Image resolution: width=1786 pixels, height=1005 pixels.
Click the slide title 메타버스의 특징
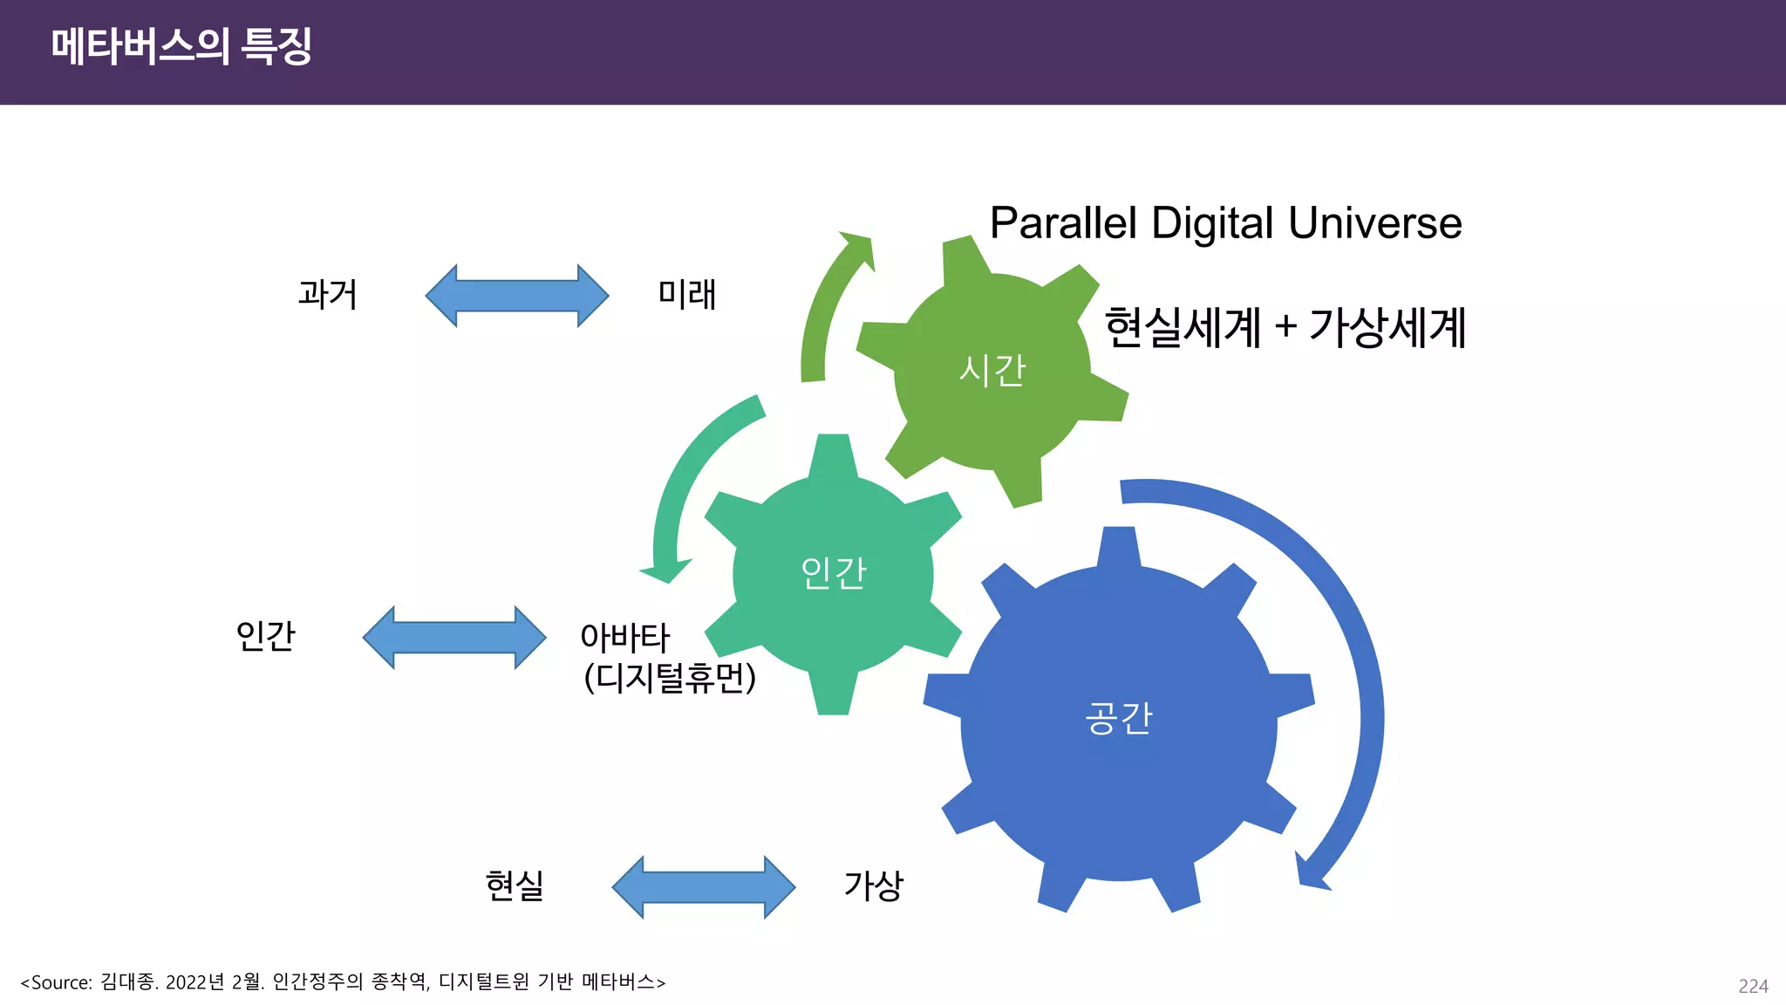coord(181,45)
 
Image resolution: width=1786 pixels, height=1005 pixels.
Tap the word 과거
coord(327,294)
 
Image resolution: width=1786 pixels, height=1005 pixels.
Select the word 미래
coord(686,294)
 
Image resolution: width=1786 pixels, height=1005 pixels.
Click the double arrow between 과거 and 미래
coord(516,296)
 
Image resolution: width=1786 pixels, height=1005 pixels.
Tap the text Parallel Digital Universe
coord(1225,223)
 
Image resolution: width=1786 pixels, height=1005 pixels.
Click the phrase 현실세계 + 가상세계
coord(1285,328)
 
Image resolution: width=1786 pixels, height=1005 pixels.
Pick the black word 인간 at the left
coord(265,635)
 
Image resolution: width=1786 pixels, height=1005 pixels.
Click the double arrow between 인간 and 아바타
coord(453,638)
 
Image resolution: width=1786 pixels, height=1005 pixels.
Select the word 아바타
coord(624,638)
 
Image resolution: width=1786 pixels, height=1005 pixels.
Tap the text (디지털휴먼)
coord(669,678)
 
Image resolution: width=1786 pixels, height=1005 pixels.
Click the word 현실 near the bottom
coord(515,885)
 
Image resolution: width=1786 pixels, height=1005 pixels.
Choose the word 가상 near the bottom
coord(873,885)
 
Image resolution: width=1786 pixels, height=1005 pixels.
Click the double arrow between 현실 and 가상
coord(703,887)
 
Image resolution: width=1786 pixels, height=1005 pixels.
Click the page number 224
coord(1753,986)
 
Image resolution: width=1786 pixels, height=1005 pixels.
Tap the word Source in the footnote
coord(61,982)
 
